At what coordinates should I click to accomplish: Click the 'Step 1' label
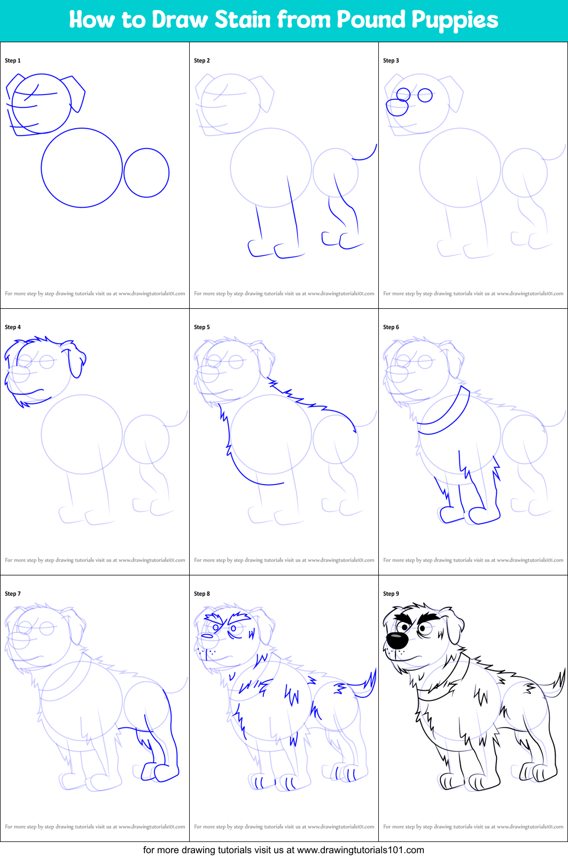[13, 60]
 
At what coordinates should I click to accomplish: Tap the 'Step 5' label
[202, 327]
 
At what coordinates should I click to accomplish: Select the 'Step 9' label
[391, 594]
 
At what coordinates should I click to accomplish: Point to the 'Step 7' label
[13, 594]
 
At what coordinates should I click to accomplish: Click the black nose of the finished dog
[397, 640]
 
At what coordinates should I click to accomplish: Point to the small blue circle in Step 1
[146, 173]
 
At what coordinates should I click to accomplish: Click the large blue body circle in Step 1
[82, 168]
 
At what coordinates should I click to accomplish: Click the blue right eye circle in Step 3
[425, 96]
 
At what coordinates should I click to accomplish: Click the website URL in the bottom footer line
[360, 850]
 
